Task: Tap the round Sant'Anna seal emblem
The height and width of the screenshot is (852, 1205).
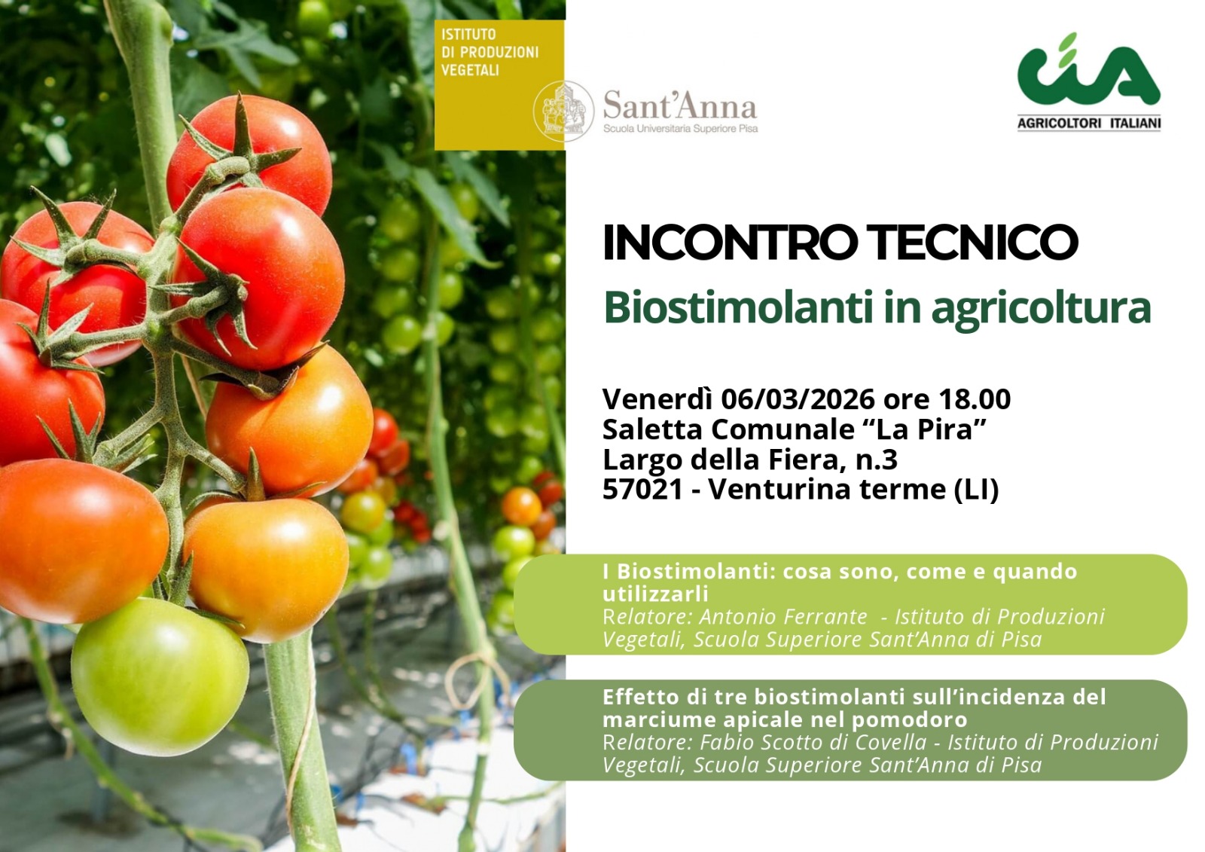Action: click(563, 111)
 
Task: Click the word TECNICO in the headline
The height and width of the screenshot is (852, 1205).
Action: click(975, 243)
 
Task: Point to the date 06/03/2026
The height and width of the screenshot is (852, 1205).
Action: click(798, 399)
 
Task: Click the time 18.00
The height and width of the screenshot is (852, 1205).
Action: click(975, 399)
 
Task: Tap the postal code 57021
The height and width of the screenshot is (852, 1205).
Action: click(642, 489)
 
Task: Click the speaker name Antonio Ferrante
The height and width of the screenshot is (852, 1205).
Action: click(782, 617)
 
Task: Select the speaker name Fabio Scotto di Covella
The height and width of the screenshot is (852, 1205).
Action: click(813, 743)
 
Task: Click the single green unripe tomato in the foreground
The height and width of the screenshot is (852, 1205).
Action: click(160, 676)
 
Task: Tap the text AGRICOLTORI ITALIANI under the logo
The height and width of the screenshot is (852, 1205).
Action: click(1089, 124)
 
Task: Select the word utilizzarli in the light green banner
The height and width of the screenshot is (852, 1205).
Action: click(655, 594)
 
